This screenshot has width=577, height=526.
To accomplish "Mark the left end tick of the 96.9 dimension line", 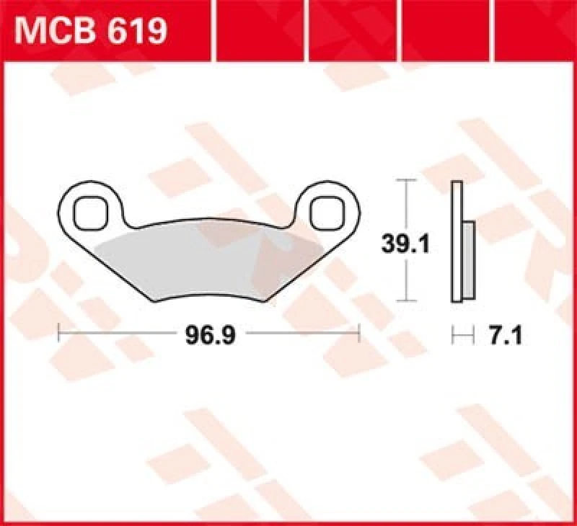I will pos(59,334).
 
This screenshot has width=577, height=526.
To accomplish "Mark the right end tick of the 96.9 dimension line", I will pos(358,334).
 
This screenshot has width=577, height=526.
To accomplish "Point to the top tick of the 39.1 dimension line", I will pos(408,179).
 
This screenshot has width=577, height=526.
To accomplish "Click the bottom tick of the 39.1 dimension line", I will pos(408,300).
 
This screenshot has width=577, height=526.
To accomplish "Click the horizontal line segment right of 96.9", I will pos(303,334).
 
